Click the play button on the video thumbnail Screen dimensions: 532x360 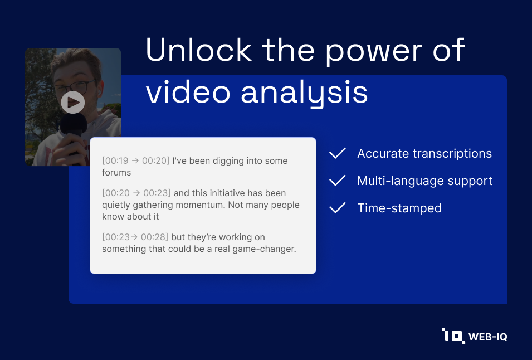pyautogui.click(x=73, y=102)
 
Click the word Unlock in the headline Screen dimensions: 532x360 pyautogui.click(x=199, y=50)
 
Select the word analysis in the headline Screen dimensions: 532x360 pyautogui.click(x=304, y=93)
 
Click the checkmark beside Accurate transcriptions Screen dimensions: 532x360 pyautogui.click(x=338, y=153)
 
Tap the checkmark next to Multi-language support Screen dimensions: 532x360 pyautogui.click(x=338, y=181)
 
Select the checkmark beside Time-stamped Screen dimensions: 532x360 pyautogui.click(x=338, y=208)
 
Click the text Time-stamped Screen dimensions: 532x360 pyautogui.click(x=399, y=208)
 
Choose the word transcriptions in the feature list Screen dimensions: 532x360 pyautogui.click(x=452, y=154)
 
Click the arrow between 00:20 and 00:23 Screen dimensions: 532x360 pyautogui.click(x=136, y=193)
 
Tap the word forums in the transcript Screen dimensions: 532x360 pyautogui.click(x=116, y=172)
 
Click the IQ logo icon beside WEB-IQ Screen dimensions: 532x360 pyautogui.click(x=453, y=336)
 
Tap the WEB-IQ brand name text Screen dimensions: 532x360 pyautogui.click(x=487, y=337)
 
